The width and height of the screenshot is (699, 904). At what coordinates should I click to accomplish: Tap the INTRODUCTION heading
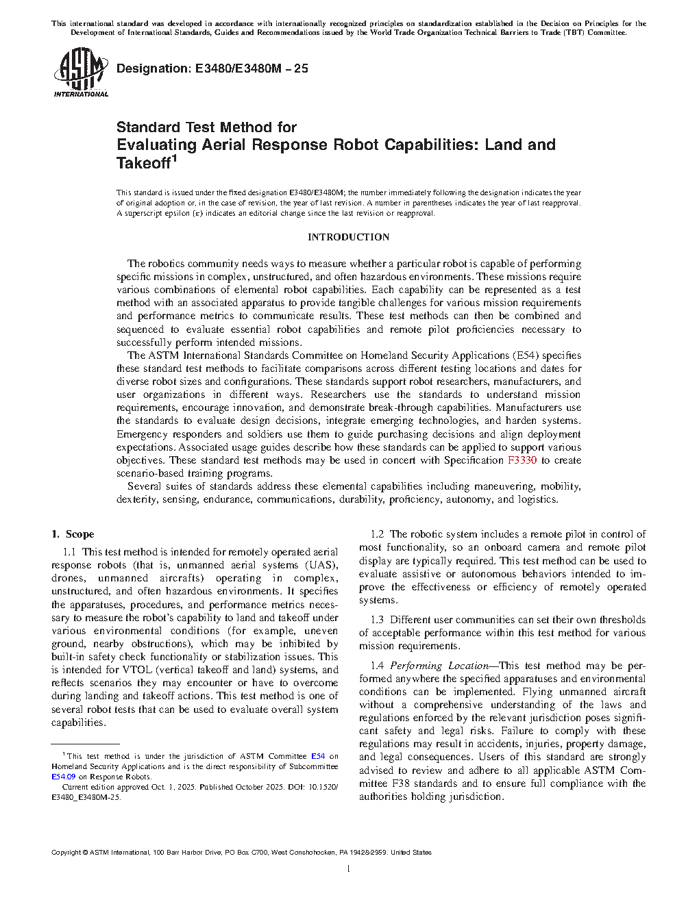click(348, 237)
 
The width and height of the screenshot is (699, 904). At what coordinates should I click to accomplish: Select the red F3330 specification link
click(522, 460)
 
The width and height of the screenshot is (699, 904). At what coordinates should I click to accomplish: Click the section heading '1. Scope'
click(73, 534)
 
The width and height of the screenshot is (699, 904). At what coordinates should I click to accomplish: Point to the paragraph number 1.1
click(69, 552)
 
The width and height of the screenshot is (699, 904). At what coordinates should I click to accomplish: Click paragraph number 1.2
click(378, 534)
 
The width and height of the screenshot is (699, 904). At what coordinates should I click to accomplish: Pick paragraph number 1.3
click(378, 620)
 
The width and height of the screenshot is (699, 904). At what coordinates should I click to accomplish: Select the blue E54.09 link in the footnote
click(64, 777)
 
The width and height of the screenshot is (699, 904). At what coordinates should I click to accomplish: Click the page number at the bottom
click(349, 869)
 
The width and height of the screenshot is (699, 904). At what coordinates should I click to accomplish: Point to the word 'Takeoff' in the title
click(143, 163)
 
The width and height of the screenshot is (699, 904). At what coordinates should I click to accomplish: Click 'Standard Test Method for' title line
click(206, 127)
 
